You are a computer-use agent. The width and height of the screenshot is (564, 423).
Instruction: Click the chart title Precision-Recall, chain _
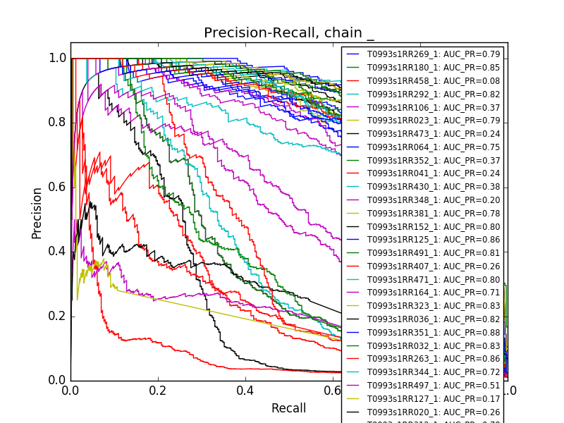pyautogui.click(x=289, y=33)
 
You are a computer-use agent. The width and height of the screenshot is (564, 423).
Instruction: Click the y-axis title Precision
pyautogui.click(x=37, y=213)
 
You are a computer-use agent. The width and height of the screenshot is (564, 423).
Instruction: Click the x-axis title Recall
pyautogui.click(x=288, y=408)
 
